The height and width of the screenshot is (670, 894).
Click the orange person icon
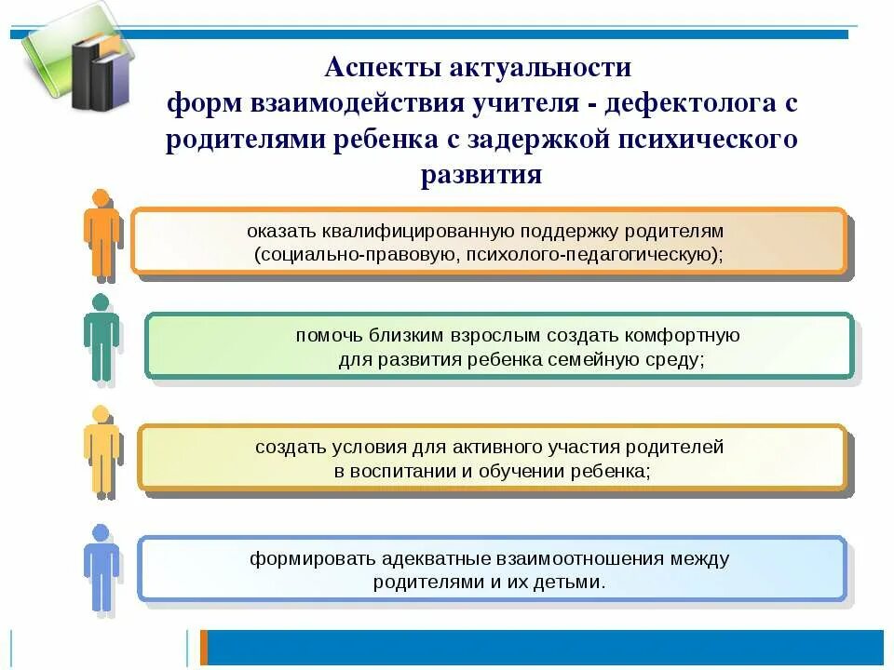(x=102, y=234)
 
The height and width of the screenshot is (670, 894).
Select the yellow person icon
(x=101, y=449)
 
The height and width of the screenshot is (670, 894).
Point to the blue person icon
(x=101, y=567)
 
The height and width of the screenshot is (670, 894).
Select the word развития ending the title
(x=481, y=175)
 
